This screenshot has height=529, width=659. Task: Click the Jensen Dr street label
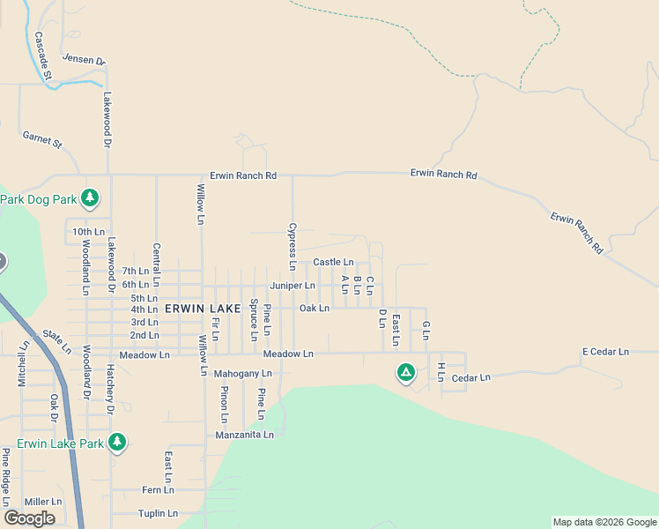(x=83, y=60)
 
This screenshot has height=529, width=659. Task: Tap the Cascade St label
(x=42, y=56)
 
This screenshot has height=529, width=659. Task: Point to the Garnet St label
(x=42, y=138)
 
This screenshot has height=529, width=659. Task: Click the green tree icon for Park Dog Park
(x=90, y=199)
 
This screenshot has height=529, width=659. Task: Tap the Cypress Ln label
(x=292, y=246)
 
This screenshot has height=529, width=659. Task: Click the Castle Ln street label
(x=333, y=262)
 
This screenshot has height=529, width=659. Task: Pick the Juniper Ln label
(x=292, y=286)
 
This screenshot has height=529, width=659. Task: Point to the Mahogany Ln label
(x=243, y=374)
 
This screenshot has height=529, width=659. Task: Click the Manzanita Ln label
(x=245, y=435)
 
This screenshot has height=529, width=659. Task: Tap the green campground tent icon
(x=405, y=373)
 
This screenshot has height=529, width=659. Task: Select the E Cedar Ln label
(x=605, y=352)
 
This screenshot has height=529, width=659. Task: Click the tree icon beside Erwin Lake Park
(x=117, y=443)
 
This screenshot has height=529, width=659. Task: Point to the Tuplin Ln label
(x=158, y=513)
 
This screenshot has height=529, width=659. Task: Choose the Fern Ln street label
(x=158, y=489)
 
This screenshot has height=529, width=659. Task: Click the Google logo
(x=29, y=518)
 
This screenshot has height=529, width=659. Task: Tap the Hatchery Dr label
(x=111, y=390)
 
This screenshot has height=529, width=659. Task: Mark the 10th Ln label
(x=88, y=232)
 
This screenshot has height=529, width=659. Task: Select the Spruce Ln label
(x=254, y=319)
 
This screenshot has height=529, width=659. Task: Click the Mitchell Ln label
(x=24, y=366)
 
